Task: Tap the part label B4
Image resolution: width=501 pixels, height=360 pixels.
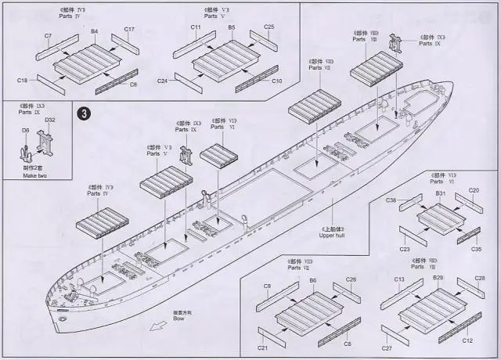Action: (94, 31)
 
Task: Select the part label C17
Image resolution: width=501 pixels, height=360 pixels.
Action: (130, 30)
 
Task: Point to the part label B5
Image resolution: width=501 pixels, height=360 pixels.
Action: (232, 27)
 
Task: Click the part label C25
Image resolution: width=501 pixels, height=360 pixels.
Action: (269, 27)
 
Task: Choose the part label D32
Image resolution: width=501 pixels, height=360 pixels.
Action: (50, 121)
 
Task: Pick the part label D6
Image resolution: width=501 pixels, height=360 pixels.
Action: (25, 131)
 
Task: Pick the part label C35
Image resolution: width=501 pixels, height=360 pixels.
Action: (476, 249)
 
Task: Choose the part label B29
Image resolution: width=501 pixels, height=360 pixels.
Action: (438, 279)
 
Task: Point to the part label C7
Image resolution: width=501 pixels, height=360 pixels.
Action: (48, 36)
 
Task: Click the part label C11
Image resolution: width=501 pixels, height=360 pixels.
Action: (196, 27)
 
